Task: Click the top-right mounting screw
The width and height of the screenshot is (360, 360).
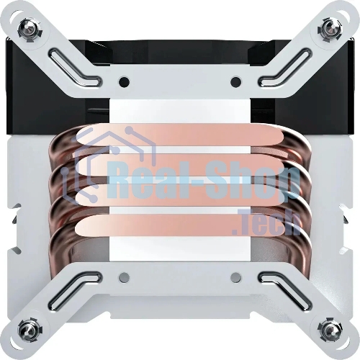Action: pos(329,28)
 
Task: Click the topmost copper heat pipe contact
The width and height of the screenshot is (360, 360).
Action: pos(180,135)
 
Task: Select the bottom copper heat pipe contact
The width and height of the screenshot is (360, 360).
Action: pos(180,225)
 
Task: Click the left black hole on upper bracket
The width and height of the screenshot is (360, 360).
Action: pos(124,82)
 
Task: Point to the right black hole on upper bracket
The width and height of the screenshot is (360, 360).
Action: pos(235,82)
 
